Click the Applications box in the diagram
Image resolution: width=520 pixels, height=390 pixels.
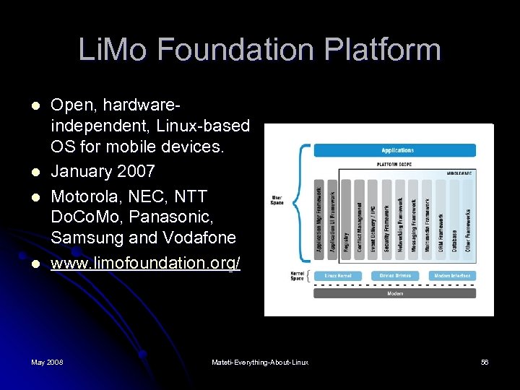tap(396, 150)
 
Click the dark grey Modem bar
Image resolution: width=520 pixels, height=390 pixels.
tap(395, 293)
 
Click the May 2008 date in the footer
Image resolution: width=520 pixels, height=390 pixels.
tap(47, 362)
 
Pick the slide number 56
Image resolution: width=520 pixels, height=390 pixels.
tap(485, 362)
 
